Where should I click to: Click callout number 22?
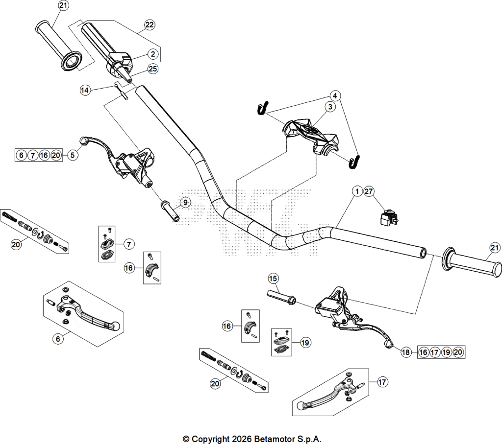pyautogui.click(x=150, y=25)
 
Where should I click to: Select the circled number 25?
pyautogui.click(x=153, y=69)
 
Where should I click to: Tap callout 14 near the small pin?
pyautogui.click(x=84, y=91)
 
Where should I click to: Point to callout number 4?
pyautogui.click(x=335, y=95)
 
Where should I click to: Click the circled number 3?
pyautogui.click(x=330, y=107)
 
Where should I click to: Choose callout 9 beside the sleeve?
pyautogui.click(x=185, y=202)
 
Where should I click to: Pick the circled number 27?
pyautogui.click(x=369, y=191)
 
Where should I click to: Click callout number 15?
pyautogui.click(x=273, y=279)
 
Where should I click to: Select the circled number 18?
pyautogui.click(x=406, y=352)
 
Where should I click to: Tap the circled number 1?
pyautogui.click(x=357, y=191)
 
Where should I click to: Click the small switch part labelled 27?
pyautogui.click(x=389, y=217)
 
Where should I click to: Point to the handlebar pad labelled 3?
pyautogui.click(x=310, y=136)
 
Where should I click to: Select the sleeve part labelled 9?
pyautogui.click(x=170, y=211)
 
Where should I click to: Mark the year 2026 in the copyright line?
pyautogui.click(x=243, y=439)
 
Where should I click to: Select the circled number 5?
pyautogui.click(x=73, y=155)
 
